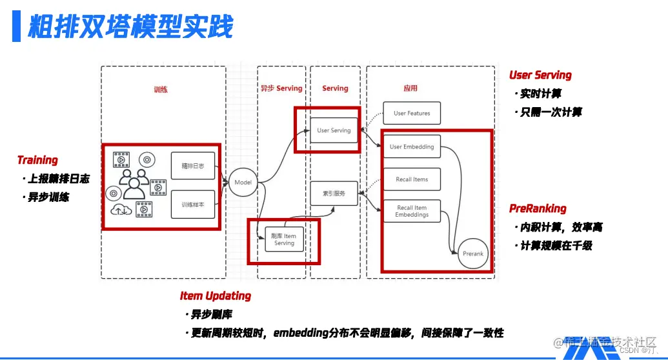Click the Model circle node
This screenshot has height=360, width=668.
point(243,183)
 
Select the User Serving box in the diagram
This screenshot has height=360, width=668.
point(334,130)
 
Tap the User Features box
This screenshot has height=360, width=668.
point(412,113)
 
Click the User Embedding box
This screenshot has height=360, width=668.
point(412,146)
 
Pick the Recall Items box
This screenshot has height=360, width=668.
point(412,179)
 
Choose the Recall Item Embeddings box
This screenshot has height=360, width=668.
point(412,212)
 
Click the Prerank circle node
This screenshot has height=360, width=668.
point(472,254)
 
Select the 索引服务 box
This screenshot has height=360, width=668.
point(334,193)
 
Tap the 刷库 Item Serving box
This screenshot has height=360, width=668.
point(284,239)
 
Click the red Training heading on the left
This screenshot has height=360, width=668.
point(37,160)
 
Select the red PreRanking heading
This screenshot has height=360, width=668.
point(538,208)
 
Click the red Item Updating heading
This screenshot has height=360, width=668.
point(215,296)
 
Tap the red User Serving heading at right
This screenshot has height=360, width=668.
point(540,75)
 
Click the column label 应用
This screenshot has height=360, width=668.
point(410,88)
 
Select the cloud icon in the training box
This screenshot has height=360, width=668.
point(120,210)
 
